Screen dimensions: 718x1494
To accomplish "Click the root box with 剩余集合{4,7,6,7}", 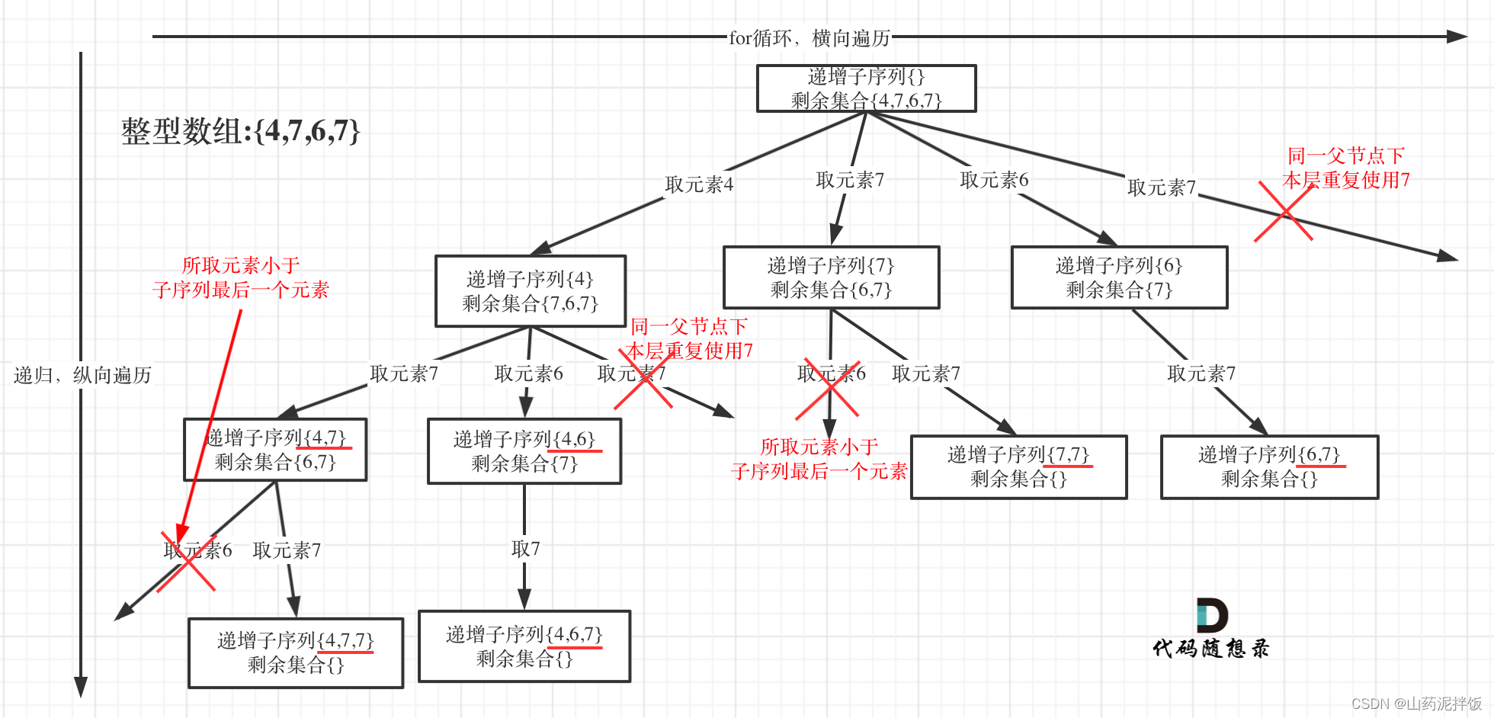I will [x=866, y=88].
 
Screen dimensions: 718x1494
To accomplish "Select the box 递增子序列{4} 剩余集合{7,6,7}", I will [x=530, y=291].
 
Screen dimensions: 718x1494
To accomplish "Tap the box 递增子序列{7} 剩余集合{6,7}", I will [x=831, y=277].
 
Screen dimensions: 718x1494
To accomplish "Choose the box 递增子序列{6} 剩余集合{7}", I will [x=1119, y=277].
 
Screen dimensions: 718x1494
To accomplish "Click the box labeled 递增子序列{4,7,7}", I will [x=296, y=652].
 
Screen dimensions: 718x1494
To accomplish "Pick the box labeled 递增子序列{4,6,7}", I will [x=524, y=646].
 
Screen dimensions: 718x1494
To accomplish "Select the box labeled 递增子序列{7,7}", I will [x=1018, y=466].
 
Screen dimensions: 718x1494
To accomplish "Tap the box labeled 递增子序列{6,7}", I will [x=1269, y=466].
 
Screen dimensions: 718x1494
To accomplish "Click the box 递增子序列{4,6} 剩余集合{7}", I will [x=524, y=451].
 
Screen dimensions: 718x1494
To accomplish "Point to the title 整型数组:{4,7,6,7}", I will [x=240, y=131].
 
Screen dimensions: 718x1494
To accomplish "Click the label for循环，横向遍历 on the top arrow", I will [x=810, y=37].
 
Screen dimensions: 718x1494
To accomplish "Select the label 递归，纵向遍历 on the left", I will [x=82, y=375].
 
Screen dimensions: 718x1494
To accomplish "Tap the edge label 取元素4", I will [x=699, y=184].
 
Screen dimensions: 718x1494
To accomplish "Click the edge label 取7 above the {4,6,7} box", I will [x=525, y=549].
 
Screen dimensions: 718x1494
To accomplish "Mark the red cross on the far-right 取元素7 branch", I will [x=1284, y=212].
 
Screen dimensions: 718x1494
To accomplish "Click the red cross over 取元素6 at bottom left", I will [x=187, y=563].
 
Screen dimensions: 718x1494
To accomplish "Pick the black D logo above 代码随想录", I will [x=1211, y=615].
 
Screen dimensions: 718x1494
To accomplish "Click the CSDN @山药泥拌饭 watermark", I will [x=1416, y=704].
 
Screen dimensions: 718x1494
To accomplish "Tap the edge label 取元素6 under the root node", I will [x=994, y=180].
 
